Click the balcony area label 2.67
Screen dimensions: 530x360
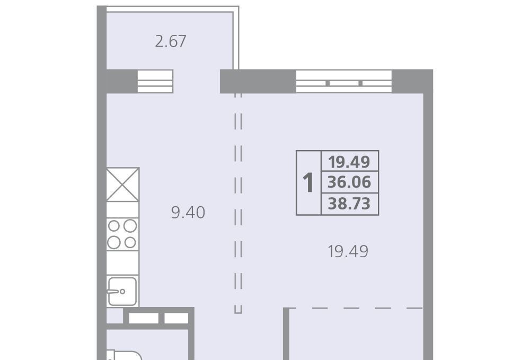tap(171, 41)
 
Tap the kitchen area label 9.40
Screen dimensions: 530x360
tap(188, 213)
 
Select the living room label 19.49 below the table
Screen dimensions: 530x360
tap(348, 251)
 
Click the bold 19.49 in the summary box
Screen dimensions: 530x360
tap(349, 162)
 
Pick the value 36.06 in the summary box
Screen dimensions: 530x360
tap(349, 182)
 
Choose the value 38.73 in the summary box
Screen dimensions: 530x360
tap(349, 204)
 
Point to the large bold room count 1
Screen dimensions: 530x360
tap(308, 182)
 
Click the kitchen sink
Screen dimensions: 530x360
tap(122, 292)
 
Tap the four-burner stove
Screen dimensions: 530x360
tap(122, 234)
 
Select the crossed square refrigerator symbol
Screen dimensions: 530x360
tap(123, 185)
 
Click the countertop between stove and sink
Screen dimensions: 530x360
tap(122, 263)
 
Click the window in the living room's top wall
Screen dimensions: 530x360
tap(344, 82)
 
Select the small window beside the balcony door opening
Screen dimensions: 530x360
tap(155, 81)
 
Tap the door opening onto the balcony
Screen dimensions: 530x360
tap(197, 81)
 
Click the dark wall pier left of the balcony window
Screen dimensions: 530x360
tap(122, 81)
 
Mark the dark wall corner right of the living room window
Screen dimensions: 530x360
tap(412, 81)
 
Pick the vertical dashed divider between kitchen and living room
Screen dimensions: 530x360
tap(238, 203)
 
